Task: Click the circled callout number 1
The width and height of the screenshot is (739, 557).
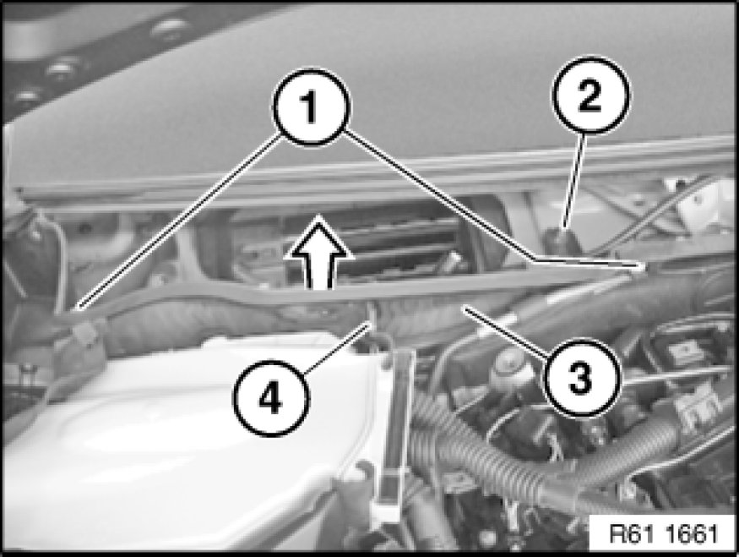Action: pos(311,106)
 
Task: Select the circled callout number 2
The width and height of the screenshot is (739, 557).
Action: pos(591,95)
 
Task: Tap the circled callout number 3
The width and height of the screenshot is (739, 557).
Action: pos(581,377)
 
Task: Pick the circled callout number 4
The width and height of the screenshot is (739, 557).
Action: pos(271,399)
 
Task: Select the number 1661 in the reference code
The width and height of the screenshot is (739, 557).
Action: pos(693,534)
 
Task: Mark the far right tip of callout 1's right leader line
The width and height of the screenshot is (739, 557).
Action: pos(644,267)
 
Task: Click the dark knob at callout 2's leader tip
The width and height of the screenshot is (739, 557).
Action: pos(562,238)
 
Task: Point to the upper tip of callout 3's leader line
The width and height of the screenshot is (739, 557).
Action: pos(465,308)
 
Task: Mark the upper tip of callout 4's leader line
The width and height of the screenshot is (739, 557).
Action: pos(370,320)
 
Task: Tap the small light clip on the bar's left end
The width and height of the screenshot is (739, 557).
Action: pos(84,331)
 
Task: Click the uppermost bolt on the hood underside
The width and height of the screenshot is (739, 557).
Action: pos(167,25)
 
